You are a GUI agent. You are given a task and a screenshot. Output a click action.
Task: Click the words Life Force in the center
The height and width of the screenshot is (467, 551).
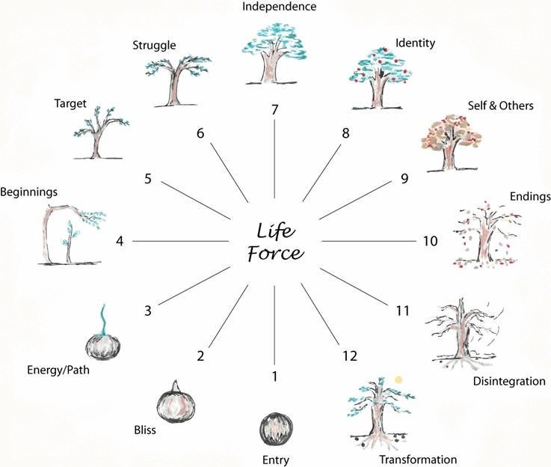[275, 241]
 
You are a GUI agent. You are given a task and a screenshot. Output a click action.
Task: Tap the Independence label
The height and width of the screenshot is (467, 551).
[274, 7]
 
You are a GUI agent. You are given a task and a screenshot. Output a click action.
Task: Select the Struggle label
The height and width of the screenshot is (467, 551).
[154, 46]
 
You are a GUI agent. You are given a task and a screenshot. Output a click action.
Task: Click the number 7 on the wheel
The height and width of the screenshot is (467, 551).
[275, 110]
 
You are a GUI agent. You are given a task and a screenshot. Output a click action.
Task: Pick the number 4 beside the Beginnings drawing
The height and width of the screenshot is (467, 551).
[120, 241]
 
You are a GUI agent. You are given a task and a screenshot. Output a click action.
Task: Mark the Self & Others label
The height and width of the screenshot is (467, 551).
[502, 106]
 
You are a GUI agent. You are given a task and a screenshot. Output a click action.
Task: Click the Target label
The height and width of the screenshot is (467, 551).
[71, 103]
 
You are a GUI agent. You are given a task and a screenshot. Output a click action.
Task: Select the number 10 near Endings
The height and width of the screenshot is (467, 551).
[429, 241]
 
